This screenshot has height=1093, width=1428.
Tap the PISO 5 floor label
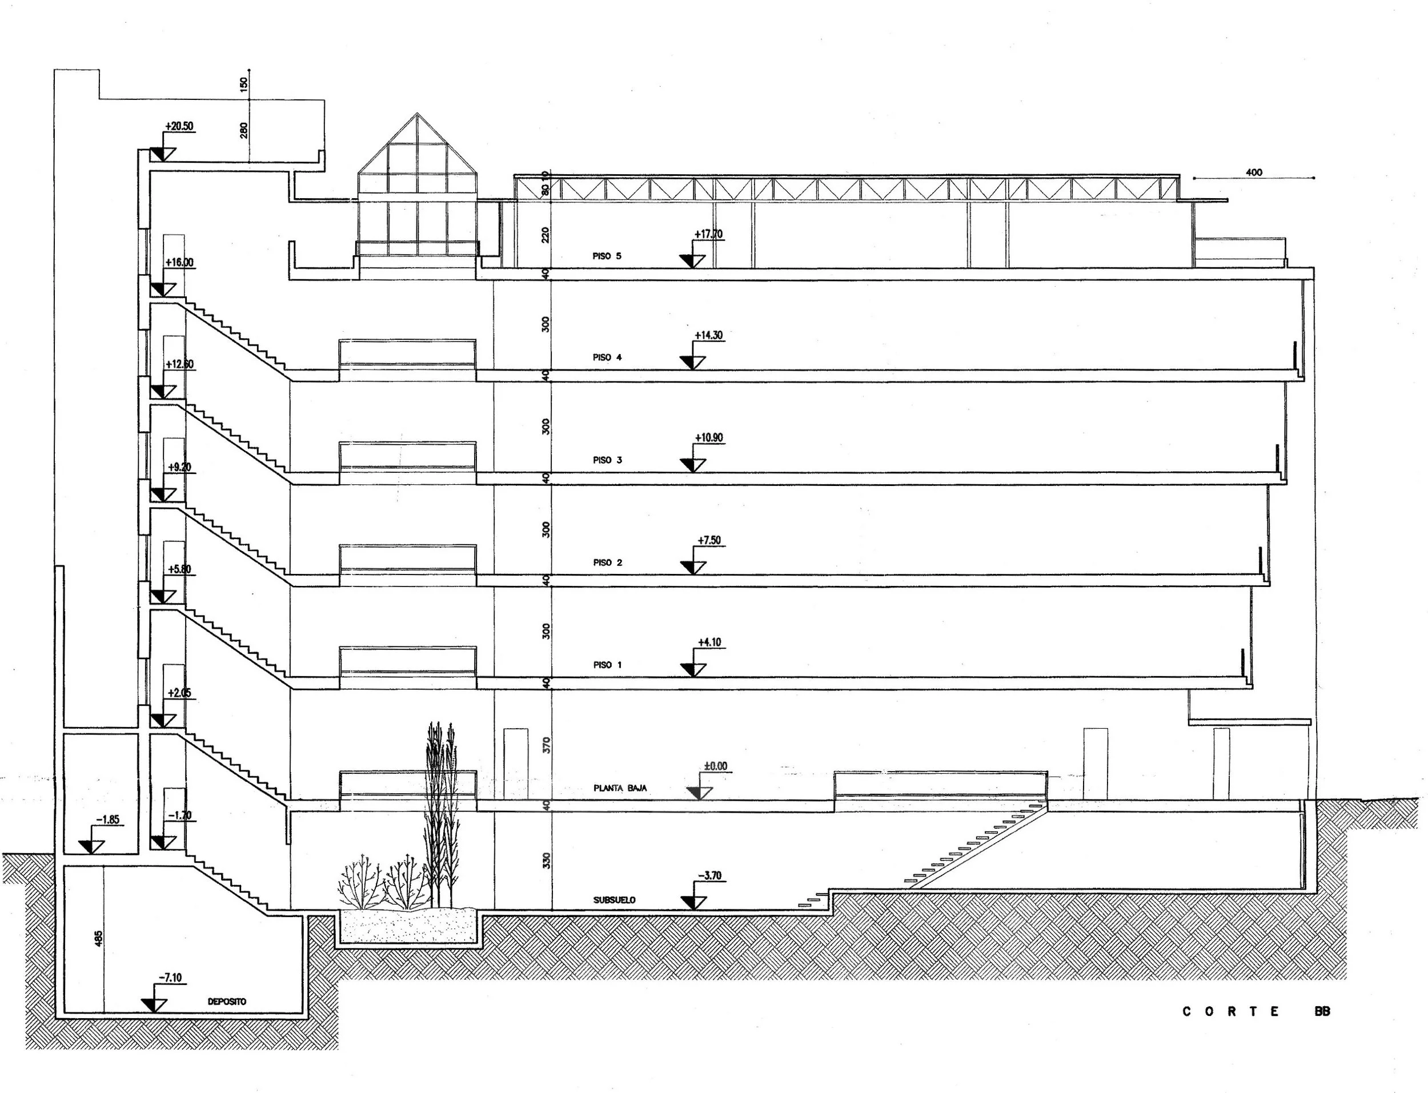[x=607, y=256]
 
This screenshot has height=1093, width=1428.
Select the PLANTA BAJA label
[x=620, y=788]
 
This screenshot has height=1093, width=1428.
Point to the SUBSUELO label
[x=614, y=901]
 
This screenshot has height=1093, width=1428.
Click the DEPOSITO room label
[x=227, y=1002]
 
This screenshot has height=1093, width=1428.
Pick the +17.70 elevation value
[x=708, y=234]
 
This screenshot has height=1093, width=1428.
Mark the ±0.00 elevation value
[x=715, y=766]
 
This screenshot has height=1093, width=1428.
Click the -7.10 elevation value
[x=170, y=978]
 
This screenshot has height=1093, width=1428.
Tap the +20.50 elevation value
[x=179, y=126]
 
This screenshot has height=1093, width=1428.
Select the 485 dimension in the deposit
[x=98, y=938]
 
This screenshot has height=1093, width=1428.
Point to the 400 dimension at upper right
[x=1254, y=172]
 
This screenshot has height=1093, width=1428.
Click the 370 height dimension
[x=547, y=744]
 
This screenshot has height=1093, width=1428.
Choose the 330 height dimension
[x=547, y=860]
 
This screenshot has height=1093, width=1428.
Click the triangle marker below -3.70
[x=693, y=902]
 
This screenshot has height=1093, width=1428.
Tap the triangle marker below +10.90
[x=693, y=464]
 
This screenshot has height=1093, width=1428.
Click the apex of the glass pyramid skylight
[x=418, y=115]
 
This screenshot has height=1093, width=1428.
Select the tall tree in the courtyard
[x=440, y=813]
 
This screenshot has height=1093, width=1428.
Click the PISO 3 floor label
[x=607, y=460]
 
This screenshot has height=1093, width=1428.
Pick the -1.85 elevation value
[x=108, y=820]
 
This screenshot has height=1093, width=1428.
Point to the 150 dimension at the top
[x=244, y=84]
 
